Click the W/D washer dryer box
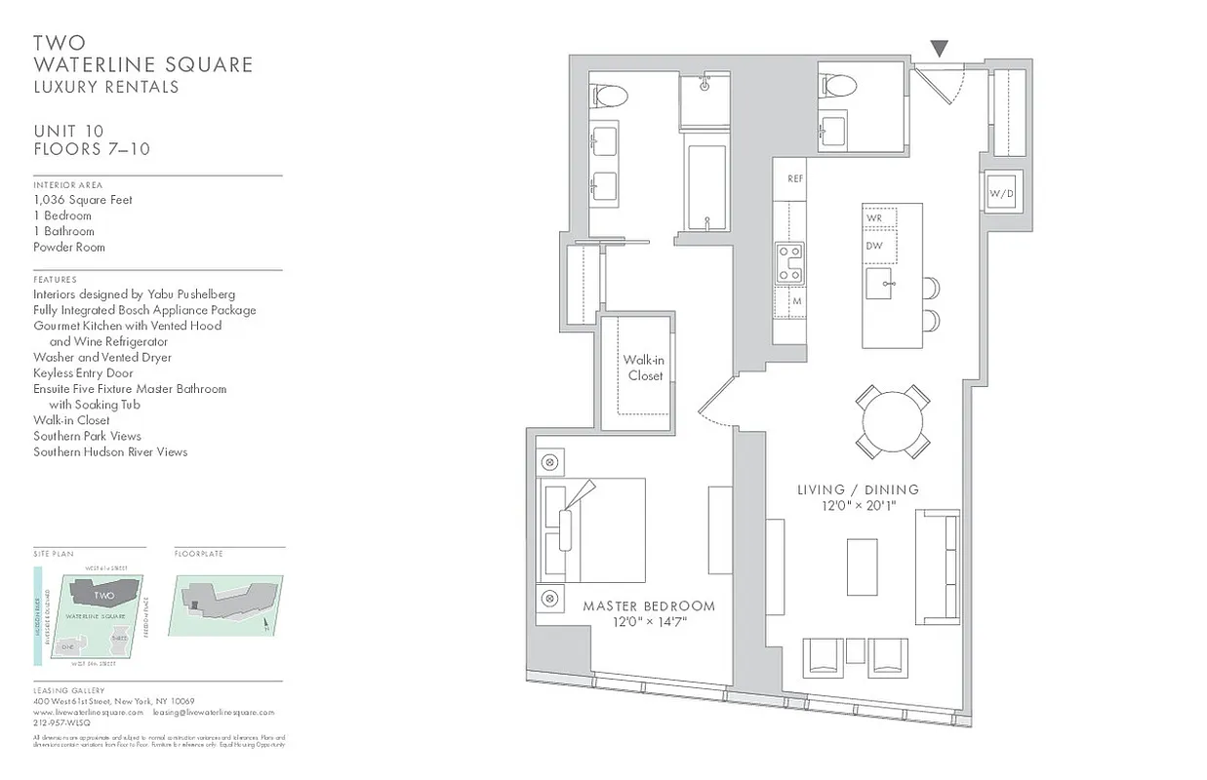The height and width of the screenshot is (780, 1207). [x=1001, y=193]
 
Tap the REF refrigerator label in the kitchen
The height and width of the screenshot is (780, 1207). [x=795, y=179]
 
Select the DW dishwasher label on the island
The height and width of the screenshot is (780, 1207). [x=874, y=246]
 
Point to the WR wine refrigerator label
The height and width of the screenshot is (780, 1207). [x=874, y=217]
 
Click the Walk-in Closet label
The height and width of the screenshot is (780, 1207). [x=645, y=368]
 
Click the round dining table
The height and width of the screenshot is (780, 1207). [x=893, y=421]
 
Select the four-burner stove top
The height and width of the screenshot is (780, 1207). [x=788, y=263]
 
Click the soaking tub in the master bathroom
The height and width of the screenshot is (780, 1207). [x=705, y=188]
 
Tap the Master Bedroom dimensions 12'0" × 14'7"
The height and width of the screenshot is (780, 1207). [x=649, y=622]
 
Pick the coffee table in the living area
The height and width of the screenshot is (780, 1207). [x=862, y=566]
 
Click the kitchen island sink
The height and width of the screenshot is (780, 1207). [x=886, y=286]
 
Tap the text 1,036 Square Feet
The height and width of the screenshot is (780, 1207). [x=83, y=200]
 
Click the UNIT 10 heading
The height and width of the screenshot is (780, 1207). [x=68, y=132]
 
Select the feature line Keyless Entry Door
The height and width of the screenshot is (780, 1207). [x=83, y=372]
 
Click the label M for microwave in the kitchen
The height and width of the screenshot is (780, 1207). [x=796, y=301]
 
